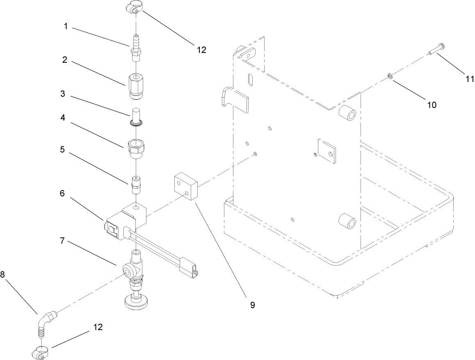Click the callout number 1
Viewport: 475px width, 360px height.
click(x=65, y=27)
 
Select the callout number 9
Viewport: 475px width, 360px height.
click(x=253, y=305)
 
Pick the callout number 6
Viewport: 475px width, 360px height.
click(x=62, y=193)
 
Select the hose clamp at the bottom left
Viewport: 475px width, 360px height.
click(x=40, y=351)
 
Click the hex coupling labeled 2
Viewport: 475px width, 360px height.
click(x=135, y=86)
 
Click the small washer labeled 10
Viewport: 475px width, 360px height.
click(x=390, y=76)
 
